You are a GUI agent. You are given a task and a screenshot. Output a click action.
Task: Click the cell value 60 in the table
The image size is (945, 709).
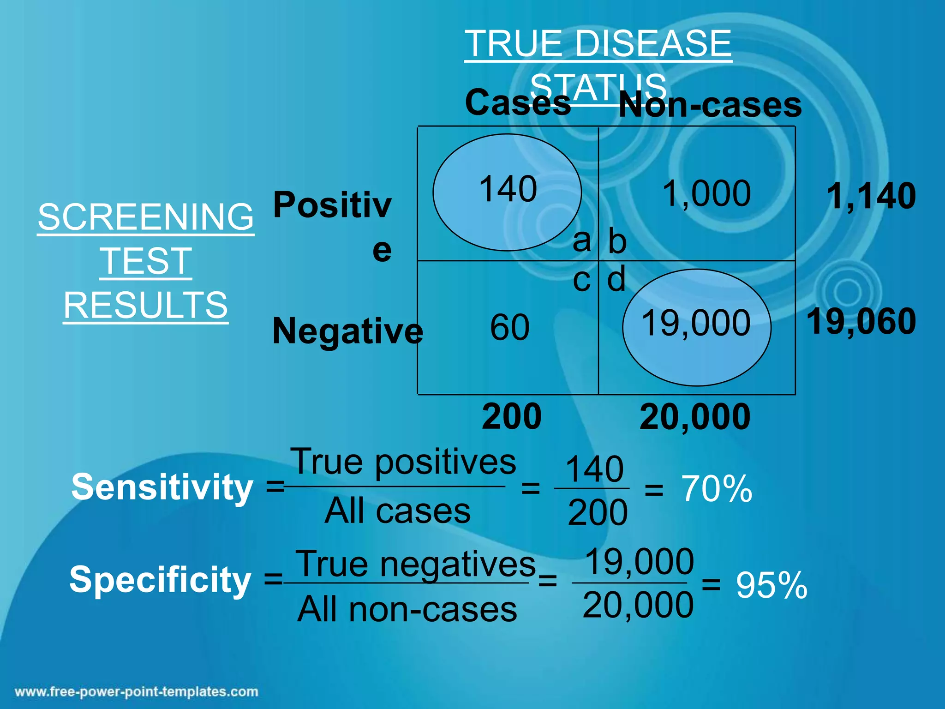point(509,327)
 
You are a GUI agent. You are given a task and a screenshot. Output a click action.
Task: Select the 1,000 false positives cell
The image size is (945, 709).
point(706,193)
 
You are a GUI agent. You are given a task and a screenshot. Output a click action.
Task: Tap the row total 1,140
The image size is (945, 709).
point(871,196)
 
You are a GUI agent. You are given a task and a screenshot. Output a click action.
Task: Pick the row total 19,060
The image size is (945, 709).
point(861,321)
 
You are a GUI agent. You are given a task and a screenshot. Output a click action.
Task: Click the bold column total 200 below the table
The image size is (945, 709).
point(512,416)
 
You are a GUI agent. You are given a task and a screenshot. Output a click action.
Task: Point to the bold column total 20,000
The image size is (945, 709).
point(695,417)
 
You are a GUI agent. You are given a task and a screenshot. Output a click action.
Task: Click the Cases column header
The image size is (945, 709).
point(518,102)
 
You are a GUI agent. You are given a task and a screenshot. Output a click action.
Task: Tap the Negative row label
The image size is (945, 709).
point(347,331)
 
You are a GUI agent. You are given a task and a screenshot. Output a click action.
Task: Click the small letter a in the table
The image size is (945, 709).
point(581,240)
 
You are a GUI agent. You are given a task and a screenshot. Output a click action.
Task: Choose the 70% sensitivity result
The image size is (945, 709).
point(717,489)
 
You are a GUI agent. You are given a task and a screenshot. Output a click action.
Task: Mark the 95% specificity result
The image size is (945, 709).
point(772,585)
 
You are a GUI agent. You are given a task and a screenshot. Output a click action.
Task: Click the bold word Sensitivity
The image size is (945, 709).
point(162,487)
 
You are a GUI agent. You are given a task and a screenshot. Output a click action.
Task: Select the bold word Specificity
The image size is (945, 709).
point(160,580)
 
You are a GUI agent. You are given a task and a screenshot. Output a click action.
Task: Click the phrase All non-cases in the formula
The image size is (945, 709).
point(407,610)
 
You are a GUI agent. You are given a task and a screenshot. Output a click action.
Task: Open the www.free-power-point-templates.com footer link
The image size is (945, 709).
point(137,692)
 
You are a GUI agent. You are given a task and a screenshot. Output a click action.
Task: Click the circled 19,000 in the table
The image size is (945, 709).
point(696,323)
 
